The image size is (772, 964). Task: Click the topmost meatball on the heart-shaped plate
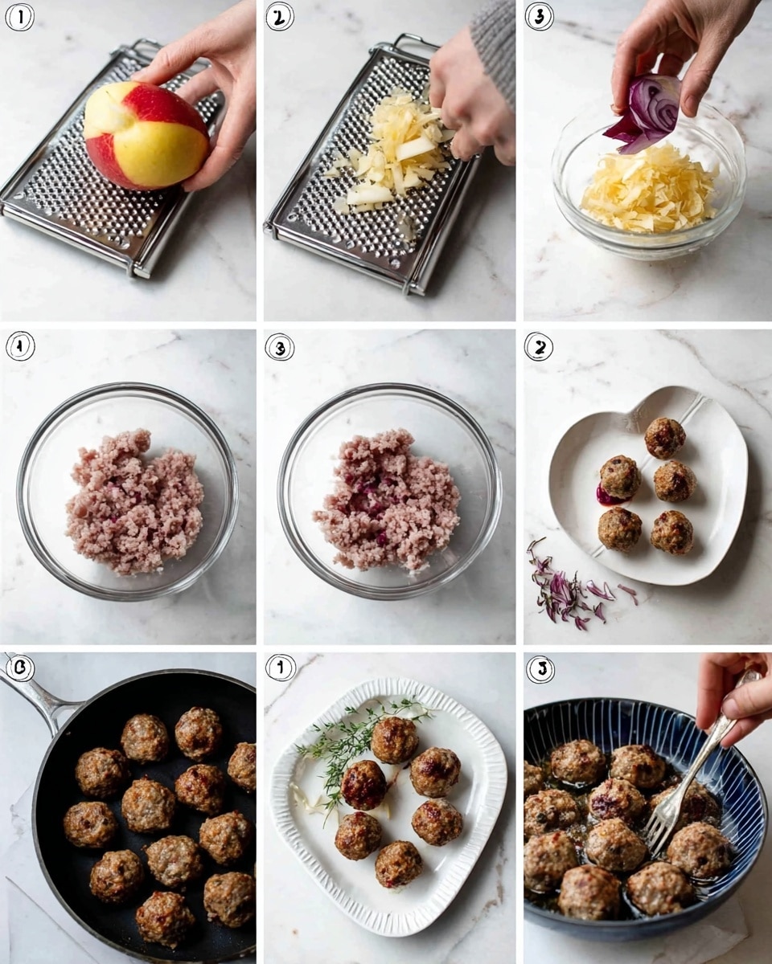(665, 438)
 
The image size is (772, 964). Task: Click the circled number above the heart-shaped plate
(539, 346)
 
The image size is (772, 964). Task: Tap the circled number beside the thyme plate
(280, 668)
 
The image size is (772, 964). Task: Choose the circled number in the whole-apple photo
(19, 17)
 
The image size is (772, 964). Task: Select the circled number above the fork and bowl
(539, 668)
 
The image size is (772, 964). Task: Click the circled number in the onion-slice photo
(539, 17)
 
